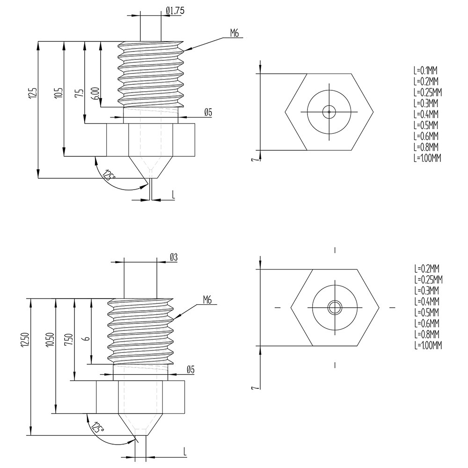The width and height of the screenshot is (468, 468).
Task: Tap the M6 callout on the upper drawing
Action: click(x=235, y=33)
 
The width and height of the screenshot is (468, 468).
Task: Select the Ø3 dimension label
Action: click(x=173, y=257)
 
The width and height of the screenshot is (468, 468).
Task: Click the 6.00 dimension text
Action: click(x=95, y=93)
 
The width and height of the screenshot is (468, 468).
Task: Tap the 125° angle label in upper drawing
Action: click(x=110, y=176)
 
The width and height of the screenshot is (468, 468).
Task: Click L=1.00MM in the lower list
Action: click(x=428, y=345)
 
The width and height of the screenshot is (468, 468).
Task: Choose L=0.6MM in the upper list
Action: click(x=425, y=136)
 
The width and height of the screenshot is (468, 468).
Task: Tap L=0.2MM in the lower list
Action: click(x=426, y=269)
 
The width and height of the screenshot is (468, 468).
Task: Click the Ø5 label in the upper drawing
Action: click(x=208, y=112)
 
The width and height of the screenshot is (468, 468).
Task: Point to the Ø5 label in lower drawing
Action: click(x=190, y=370)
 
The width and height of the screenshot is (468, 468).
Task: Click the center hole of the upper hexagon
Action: click(x=329, y=111)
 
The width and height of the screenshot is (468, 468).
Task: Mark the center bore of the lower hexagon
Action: click(x=335, y=307)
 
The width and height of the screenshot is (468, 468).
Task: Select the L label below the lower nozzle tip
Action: click(x=185, y=452)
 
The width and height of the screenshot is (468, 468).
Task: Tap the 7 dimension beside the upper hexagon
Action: click(x=253, y=160)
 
